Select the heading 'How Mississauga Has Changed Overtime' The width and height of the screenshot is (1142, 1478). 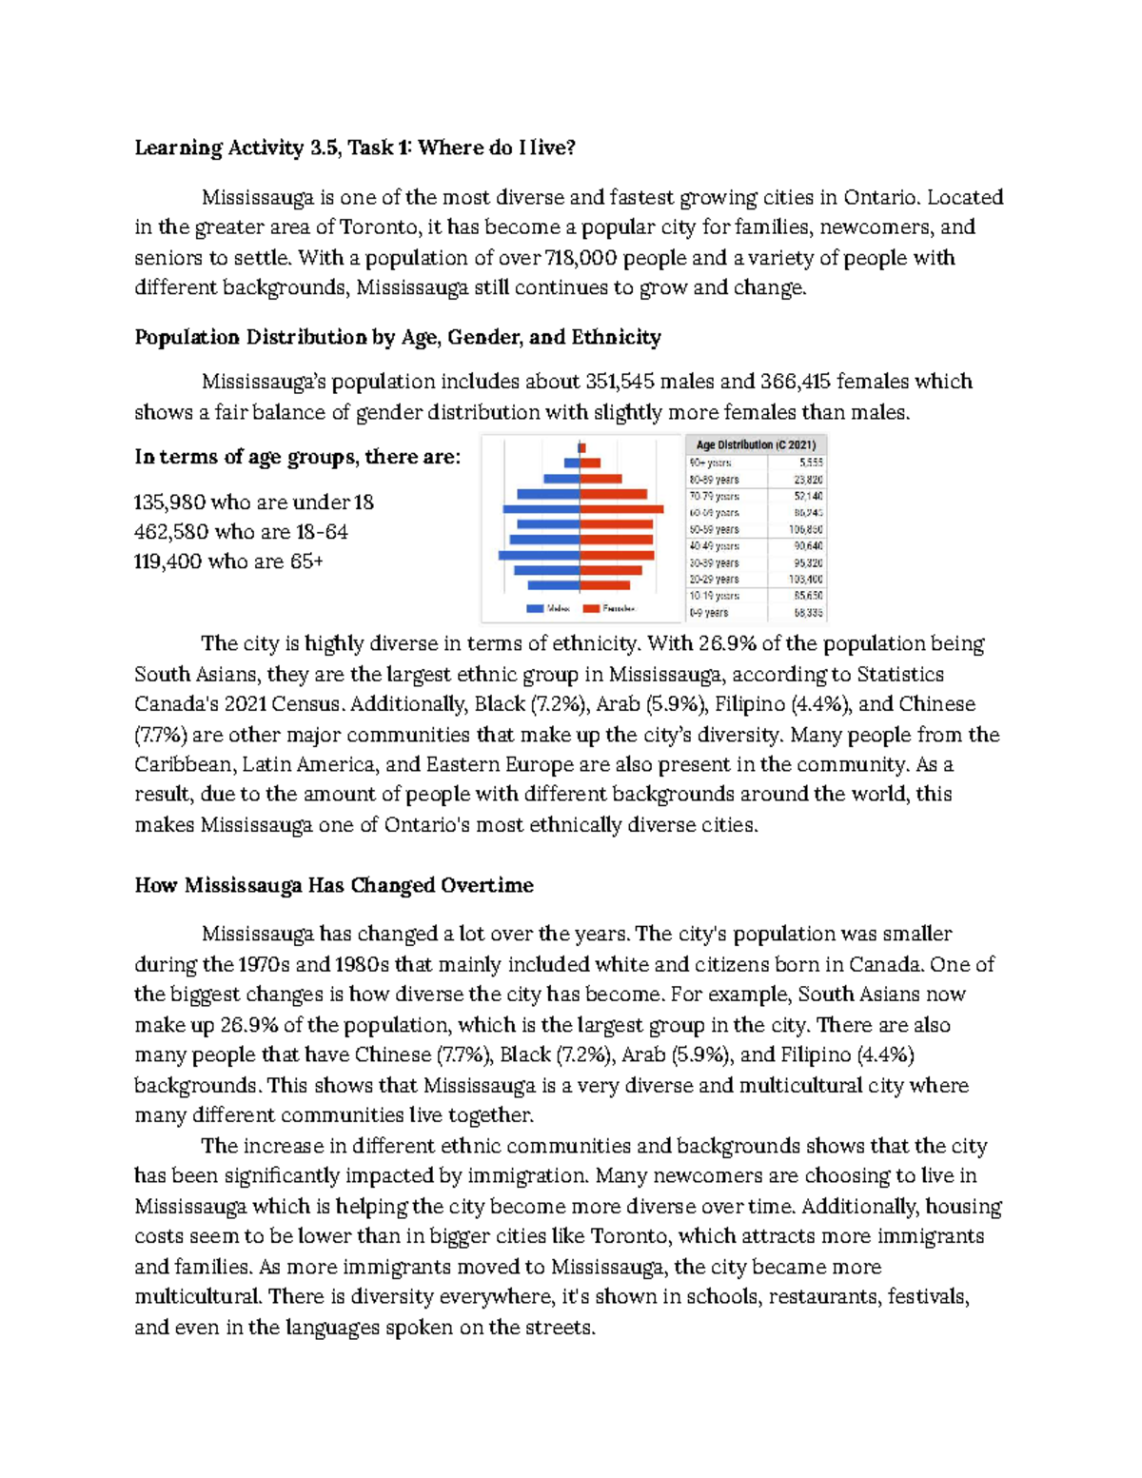click(333, 885)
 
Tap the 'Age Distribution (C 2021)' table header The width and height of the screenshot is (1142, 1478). click(756, 444)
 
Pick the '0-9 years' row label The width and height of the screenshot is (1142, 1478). click(709, 613)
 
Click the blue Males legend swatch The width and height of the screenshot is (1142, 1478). click(535, 608)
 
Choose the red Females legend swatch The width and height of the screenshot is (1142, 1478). click(591, 608)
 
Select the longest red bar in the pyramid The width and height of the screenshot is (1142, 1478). click(621, 509)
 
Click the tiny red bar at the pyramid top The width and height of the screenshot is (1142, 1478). click(582, 447)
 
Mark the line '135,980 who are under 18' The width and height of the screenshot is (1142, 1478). click(254, 503)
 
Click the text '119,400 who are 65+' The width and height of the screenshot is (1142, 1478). click(228, 562)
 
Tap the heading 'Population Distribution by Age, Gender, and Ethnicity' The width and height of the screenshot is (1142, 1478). click(397, 337)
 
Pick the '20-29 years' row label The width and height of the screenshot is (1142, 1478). click(714, 579)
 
